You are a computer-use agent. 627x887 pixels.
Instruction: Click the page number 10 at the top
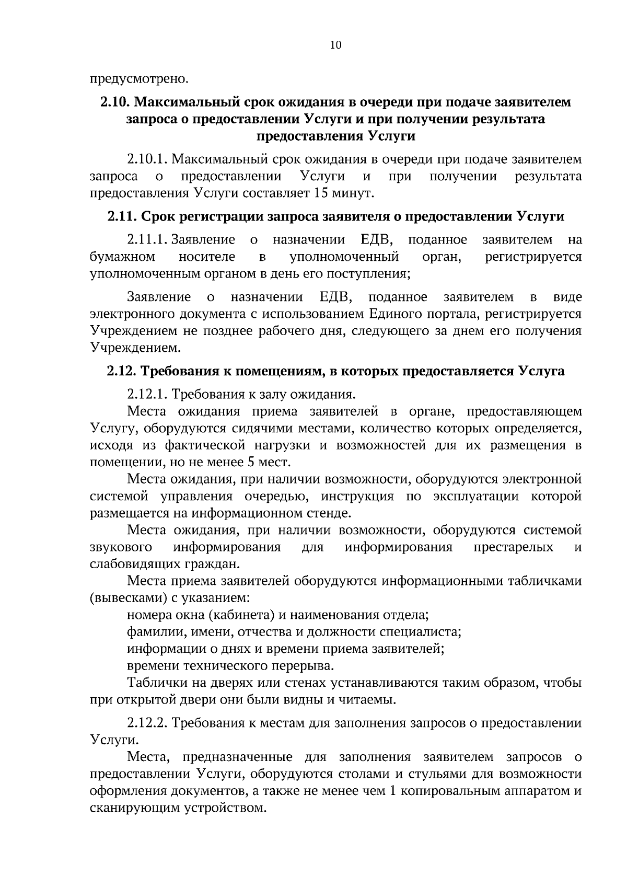tap(336, 45)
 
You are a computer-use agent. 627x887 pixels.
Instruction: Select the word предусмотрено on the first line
tap(138, 79)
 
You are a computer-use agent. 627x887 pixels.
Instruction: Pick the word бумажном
tap(122, 257)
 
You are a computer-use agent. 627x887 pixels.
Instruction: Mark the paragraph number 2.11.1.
tap(146, 240)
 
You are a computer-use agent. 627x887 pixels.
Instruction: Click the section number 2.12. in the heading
tap(122, 371)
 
